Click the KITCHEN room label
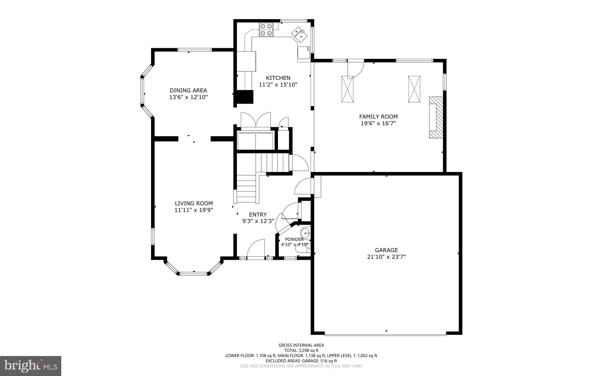[278, 78]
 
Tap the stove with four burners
[266, 30]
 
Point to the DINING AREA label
[188, 90]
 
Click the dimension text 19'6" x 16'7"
[378, 123]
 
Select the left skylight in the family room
[347, 89]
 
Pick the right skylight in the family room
[414, 89]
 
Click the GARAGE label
[386, 250]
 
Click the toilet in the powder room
[302, 249]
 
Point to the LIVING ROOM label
[193, 203]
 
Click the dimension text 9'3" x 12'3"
[258, 221]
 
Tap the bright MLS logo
[31, 366]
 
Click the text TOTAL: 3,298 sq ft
[301, 350]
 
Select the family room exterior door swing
[355, 69]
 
